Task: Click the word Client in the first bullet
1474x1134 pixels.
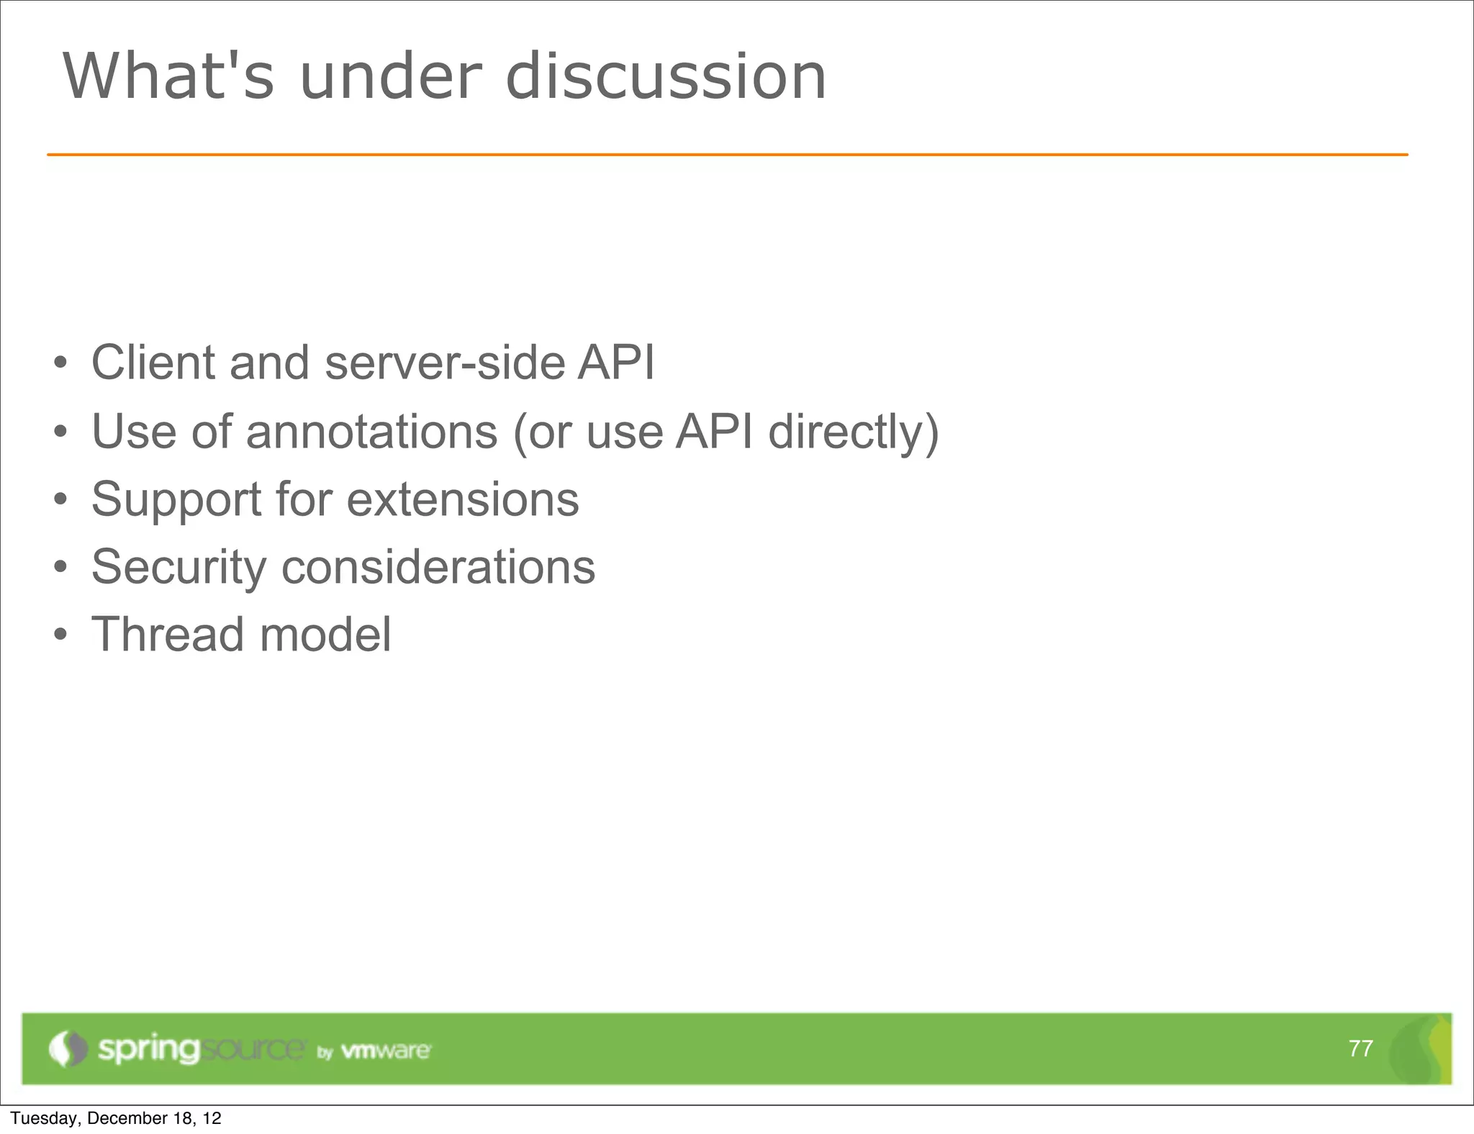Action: coord(153,362)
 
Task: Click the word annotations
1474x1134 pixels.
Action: coord(371,432)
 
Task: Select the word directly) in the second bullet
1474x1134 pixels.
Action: coord(853,432)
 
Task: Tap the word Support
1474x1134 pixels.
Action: coord(176,499)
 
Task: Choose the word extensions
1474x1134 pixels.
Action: coord(462,499)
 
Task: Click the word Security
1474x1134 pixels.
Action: coord(178,567)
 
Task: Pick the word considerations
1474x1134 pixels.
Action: coord(438,567)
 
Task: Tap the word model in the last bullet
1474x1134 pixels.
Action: coord(325,635)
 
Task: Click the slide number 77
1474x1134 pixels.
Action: coord(1360,1048)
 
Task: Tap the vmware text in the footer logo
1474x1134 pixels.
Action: coord(385,1051)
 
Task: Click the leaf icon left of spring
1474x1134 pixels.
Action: coord(67,1048)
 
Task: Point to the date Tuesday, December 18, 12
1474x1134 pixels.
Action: coord(115,1118)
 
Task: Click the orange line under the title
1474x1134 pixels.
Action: coord(727,155)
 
